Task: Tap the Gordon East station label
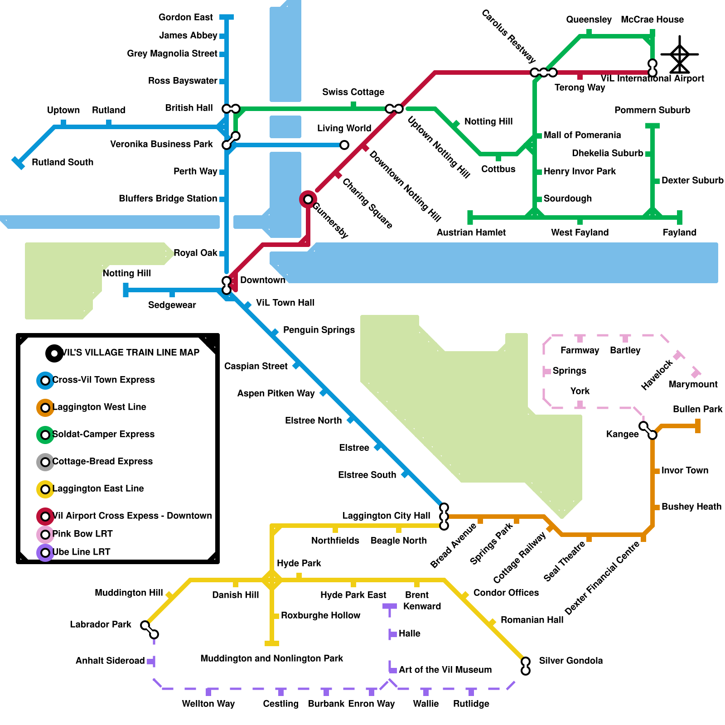185,17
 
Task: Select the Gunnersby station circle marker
308,199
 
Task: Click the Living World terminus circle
344,145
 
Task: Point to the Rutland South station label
63,162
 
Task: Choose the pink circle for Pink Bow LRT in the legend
45,535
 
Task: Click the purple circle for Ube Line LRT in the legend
45,553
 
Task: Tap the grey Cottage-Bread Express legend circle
45,462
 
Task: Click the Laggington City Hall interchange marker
444,517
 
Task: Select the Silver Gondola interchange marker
526,666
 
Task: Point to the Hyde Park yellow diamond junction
272,580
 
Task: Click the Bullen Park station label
697,409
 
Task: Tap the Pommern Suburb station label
652,110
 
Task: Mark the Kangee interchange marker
648,430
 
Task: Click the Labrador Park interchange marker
150,630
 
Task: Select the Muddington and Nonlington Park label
271,658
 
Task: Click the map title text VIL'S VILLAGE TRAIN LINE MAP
130,353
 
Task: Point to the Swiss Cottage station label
353,92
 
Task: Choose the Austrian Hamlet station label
471,232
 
